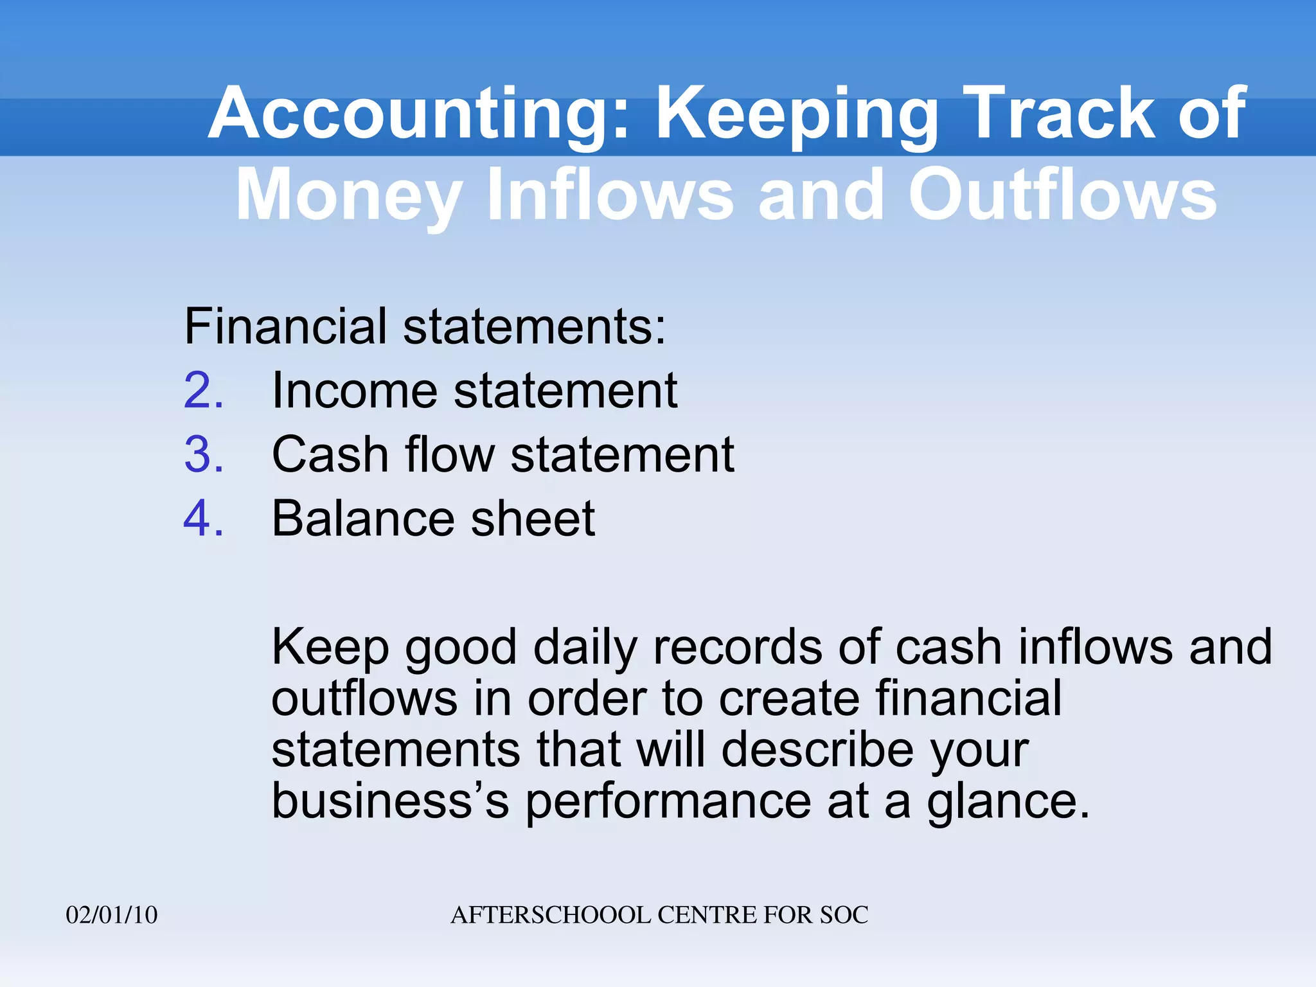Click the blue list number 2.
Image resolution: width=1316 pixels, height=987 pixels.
coord(203,391)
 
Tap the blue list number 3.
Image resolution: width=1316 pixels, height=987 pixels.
coord(203,455)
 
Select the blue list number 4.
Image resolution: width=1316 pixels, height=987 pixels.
coord(203,519)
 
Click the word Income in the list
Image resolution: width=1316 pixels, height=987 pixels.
coord(354,391)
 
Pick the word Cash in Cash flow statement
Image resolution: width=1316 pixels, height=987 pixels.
coord(330,455)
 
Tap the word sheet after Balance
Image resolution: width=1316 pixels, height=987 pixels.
coord(533,519)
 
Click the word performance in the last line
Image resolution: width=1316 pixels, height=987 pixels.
coord(668,802)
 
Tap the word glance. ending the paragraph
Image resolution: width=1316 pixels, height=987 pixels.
coord(1008,802)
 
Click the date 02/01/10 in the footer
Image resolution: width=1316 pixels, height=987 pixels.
coord(112,915)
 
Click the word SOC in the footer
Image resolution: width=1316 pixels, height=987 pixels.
coord(843,915)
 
